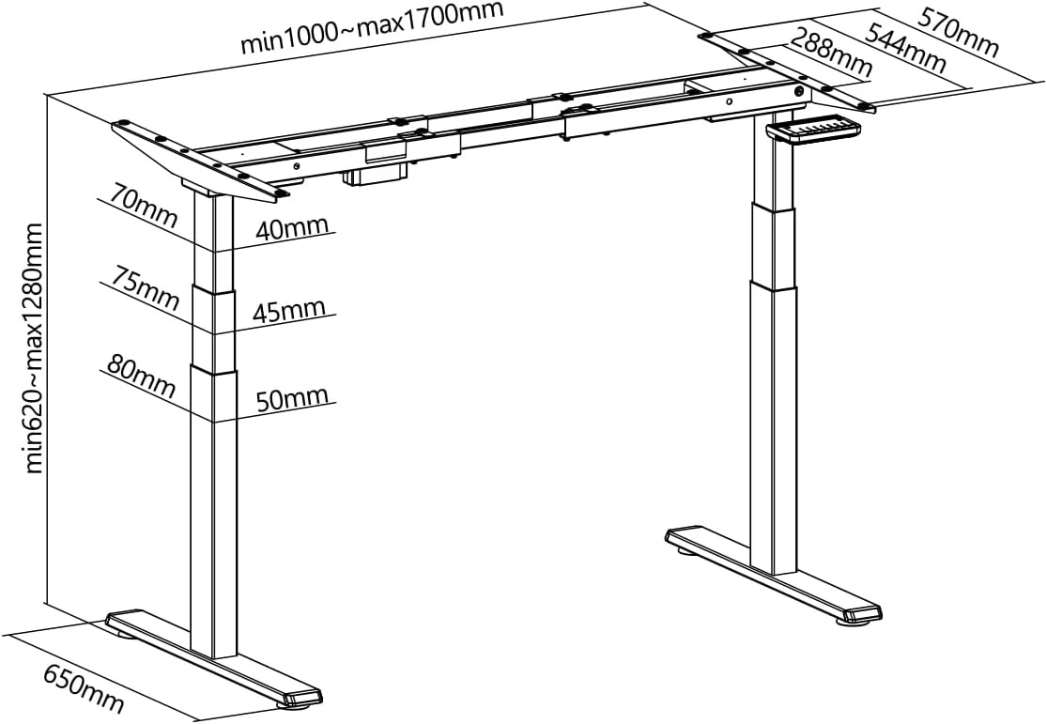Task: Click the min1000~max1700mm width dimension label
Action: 372,28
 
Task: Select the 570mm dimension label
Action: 958,32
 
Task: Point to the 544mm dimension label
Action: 905,48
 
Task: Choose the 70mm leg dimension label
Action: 144,207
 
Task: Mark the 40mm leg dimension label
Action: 292,228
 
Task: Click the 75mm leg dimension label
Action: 145,288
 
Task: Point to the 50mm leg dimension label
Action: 292,398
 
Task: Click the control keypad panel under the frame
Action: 814,129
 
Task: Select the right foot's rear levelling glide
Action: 688,551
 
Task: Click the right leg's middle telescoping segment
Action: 773,244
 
